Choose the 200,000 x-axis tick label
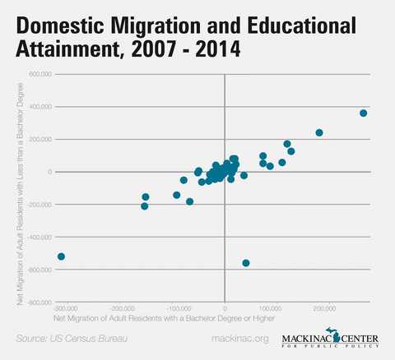pos(325,308)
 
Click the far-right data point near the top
pos(363,113)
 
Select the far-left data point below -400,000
pos(61,256)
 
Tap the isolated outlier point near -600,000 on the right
pos(246,263)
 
